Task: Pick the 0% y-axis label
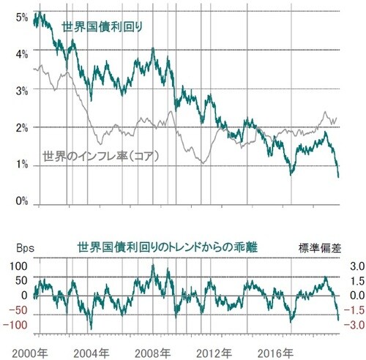20,200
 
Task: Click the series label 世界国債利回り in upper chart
102,27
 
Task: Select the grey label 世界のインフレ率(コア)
100,156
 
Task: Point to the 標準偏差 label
319,248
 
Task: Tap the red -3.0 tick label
345,325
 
